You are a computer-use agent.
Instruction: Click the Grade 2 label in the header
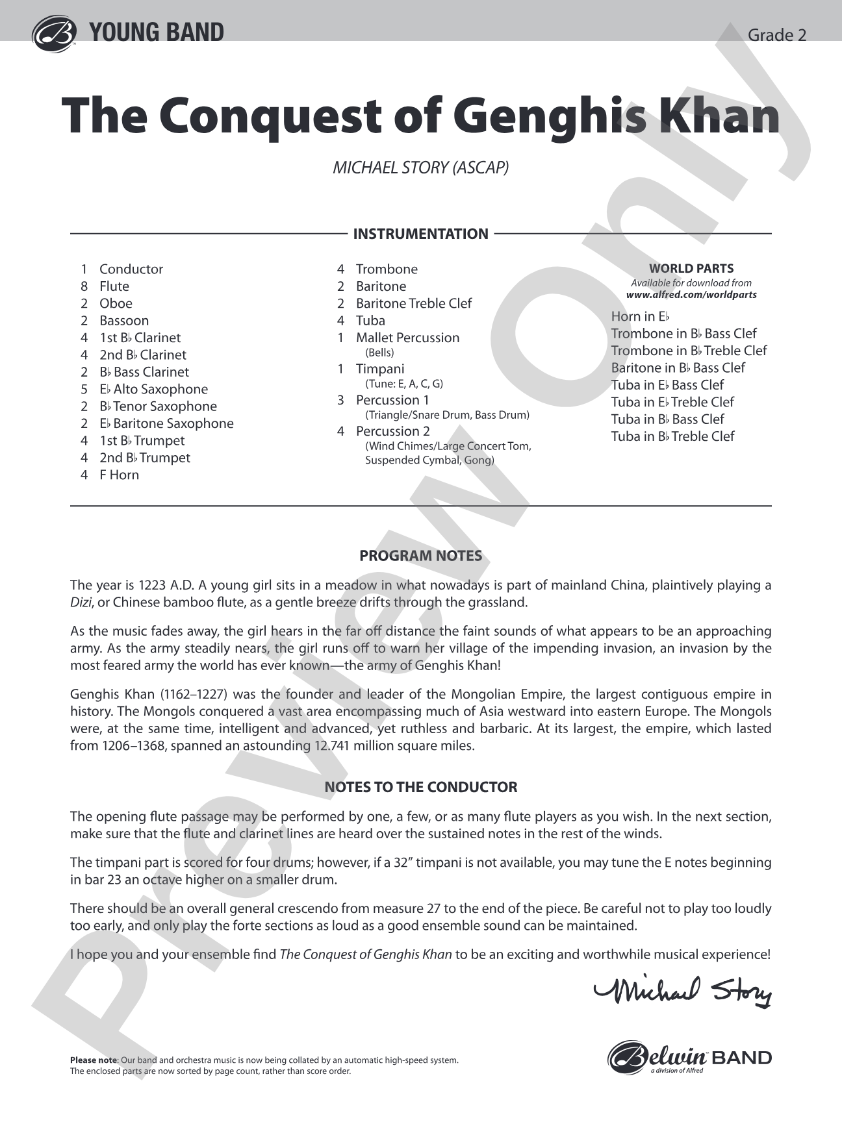(x=777, y=35)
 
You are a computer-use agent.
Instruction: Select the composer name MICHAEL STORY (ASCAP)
(x=420, y=168)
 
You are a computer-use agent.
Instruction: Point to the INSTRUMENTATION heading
(x=420, y=234)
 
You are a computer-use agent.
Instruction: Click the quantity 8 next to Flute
(x=84, y=286)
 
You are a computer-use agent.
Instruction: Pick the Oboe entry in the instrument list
(x=116, y=303)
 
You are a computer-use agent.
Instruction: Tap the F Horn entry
(x=119, y=475)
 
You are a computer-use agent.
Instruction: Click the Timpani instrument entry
(x=380, y=369)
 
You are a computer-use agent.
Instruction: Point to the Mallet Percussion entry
(x=407, y=338)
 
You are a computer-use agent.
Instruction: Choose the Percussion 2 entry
(x=392, y=431)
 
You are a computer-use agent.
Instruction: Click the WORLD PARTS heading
(x=691, y=268)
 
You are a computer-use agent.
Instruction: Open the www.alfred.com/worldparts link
(x=691, y=295)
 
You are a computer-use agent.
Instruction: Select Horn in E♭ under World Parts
(x=640, y=317)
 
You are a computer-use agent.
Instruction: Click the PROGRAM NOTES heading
(x=420, y=556)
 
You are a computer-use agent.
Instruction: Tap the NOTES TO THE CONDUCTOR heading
(x=420, y=787)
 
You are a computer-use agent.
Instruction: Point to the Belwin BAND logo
(x=689, y=1058)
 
